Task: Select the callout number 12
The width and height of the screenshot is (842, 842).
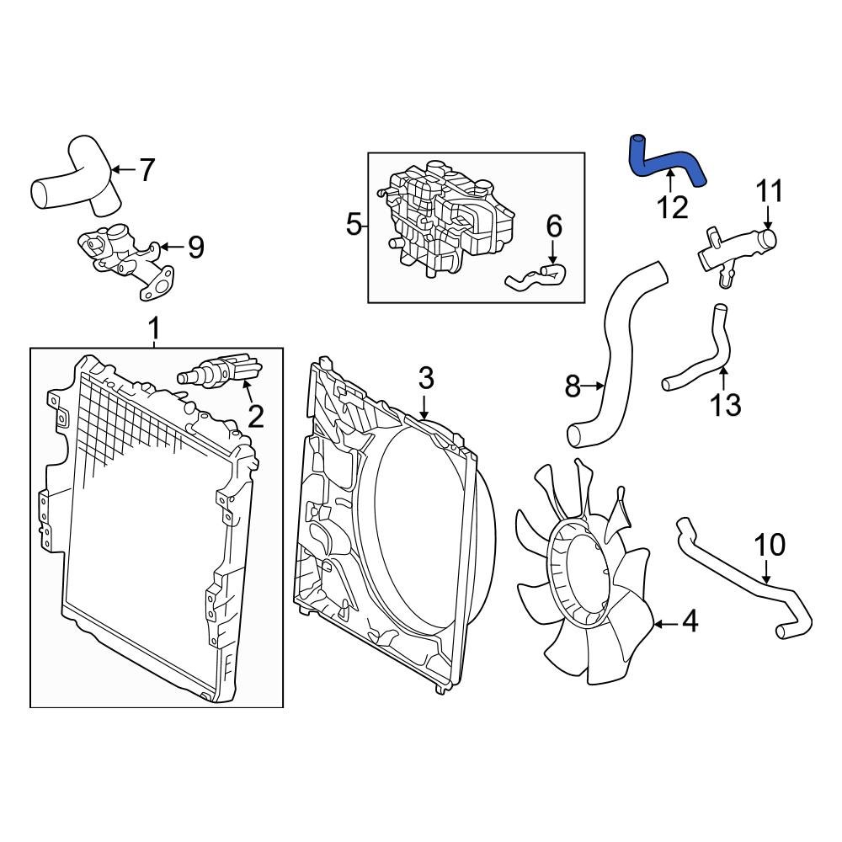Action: (x=673, y=206)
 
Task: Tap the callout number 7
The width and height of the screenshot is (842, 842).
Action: (x=147, y=170)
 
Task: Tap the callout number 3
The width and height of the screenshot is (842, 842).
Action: (x=426, y=377)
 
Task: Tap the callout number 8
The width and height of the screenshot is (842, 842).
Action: (x=573, y=387)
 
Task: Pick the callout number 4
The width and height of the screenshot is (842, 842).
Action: (x=690, y=623)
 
